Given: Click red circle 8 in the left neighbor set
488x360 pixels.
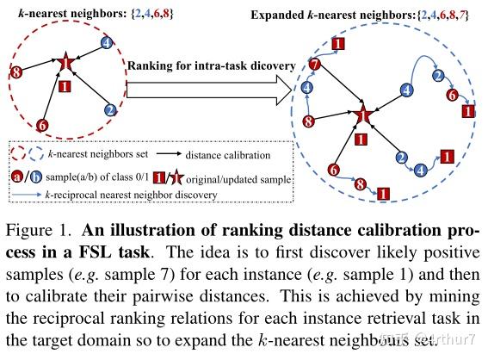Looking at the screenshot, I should [x=15, y=75].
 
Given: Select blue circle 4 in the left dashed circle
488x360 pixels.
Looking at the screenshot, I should [x=106, y=42].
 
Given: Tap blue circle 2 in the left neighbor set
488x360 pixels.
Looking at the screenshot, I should [x=110, y=110].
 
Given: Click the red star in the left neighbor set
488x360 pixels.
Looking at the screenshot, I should [x=65, y=63].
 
